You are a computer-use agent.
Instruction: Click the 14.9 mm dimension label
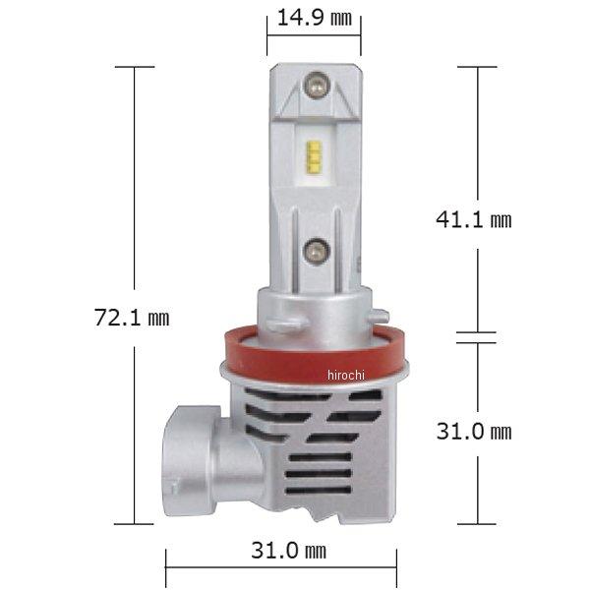coord(313,18)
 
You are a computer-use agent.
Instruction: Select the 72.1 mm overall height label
coord(132,318)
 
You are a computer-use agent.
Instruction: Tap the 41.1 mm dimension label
coord(474,219)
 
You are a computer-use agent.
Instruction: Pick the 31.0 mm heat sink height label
coord(474,431)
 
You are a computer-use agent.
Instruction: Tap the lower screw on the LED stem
coord(315,252)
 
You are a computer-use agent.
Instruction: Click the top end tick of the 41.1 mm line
coord(478,67)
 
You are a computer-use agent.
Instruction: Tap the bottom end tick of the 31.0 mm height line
coord(478,524)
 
